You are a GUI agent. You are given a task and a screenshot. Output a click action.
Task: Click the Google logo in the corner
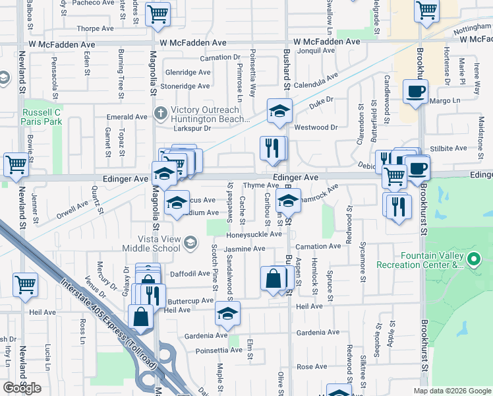(21, 388)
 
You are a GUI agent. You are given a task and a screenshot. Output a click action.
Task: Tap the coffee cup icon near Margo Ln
(415, 92)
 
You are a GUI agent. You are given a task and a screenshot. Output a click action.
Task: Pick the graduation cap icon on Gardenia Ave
(227, 313)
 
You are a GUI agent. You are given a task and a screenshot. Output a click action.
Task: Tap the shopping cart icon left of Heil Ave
(25, 284)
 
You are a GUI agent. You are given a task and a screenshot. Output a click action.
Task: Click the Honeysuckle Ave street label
(254, 234)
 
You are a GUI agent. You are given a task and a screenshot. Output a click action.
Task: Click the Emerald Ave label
(127, 117)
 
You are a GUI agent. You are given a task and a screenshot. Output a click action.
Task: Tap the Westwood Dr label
(316, 127)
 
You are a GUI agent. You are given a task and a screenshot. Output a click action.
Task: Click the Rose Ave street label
(312, 366)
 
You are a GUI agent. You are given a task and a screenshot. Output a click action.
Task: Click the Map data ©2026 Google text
(451, 391)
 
